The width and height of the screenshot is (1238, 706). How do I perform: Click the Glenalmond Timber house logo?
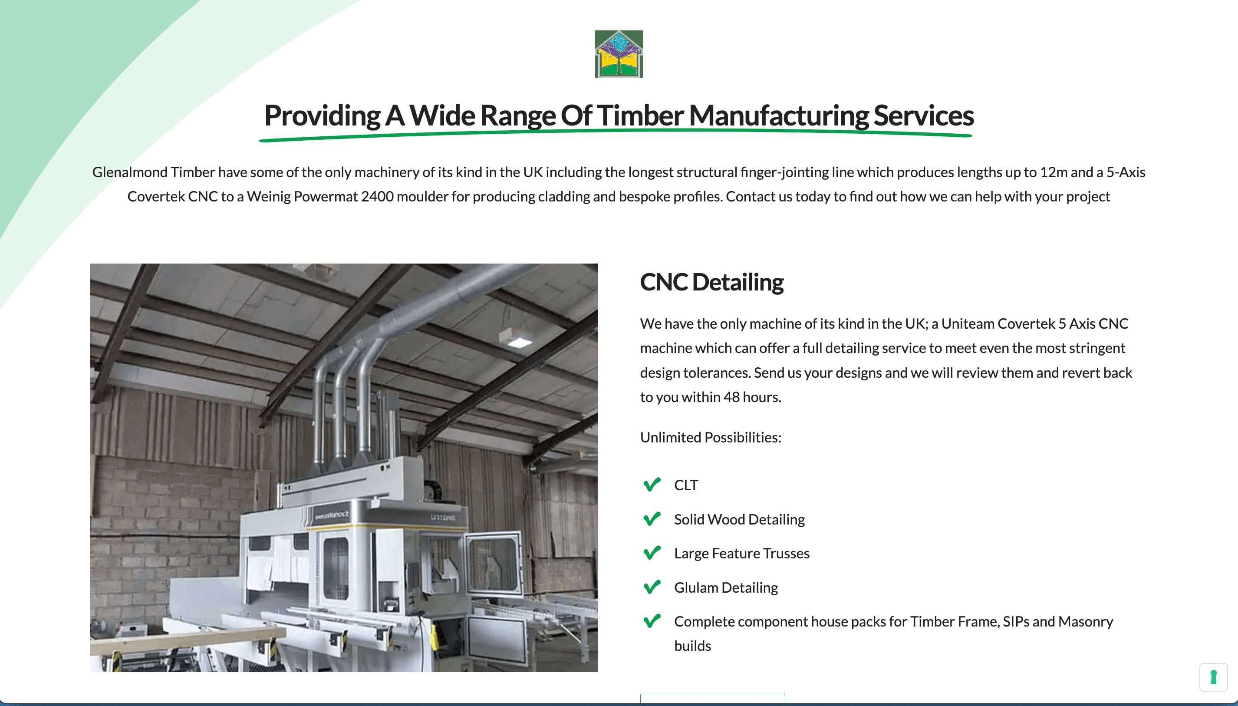pyautogui.click(x=619, y=54)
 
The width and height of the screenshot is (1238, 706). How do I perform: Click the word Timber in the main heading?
pyautogui.click(x=640, y=115)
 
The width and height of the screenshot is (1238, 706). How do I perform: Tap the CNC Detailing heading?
pyautogui.click(x=711, y=282)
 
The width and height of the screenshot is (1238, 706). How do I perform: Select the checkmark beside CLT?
pyautogui.click(x=652, y=485)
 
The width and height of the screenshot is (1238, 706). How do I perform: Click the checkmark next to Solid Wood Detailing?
pyautogui.click(x=652, y=519)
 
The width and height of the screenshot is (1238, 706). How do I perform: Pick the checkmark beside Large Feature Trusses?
pyautogui.click(x=652, y=553)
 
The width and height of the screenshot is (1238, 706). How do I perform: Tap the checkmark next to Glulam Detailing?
pyautogui.click(x=652, y=587)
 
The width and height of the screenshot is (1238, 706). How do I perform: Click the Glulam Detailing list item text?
pyautogui.click(x=726, y=588)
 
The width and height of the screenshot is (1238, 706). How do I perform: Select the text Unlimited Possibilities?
pyautogui.click(x=711, y=437)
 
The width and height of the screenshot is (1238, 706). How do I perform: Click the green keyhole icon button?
pyautogui.click(x=1213, y=677)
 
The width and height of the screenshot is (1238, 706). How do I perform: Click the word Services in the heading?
pyautogui.click(x=923, y=115)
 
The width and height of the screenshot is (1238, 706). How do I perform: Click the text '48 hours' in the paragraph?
pyautogui.click(x=752, y=397)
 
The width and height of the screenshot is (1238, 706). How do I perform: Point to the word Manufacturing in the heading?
pyautogui.click(x=778, y=116)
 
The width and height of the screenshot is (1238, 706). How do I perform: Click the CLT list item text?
pyautogui.click(x=686, y=485)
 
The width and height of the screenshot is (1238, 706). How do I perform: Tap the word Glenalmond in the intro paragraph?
pyautogui.click(x=129, y=172)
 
